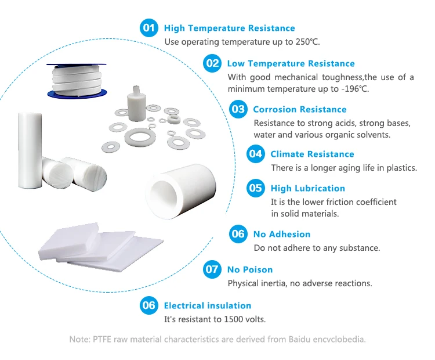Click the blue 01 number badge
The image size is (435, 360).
pos(149,28)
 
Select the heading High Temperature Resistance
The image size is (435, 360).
pos(230,28)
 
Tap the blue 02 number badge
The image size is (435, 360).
pos(212,63)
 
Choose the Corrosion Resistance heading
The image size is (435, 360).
pos(300,109)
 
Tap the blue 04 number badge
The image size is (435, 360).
pos(256,154)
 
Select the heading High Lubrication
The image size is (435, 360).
pos(308,188)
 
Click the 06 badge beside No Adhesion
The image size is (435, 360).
pos(238,234)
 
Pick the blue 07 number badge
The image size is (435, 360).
pos(212,269)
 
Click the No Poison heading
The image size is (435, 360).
pos(250,270)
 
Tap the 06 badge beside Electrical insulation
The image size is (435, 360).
pos(149,305)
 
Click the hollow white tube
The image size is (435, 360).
pos(181,192)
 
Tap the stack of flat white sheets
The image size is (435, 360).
pos(101,247)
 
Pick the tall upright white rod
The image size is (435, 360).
pos(30,150)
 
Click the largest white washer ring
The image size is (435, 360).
pos(140,137)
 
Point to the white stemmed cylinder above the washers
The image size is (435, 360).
pos(136,103)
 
